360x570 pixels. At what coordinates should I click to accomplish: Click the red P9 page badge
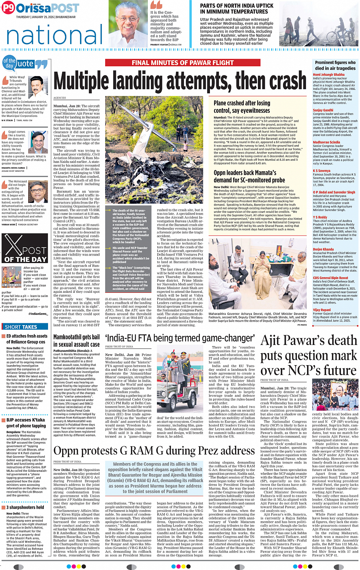click(8, 8)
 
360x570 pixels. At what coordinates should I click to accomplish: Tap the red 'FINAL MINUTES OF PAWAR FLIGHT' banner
click(182, 63)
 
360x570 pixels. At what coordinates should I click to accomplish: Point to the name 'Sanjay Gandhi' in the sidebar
click(323, 110)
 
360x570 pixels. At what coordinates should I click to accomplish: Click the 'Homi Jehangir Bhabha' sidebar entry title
click(329, 75)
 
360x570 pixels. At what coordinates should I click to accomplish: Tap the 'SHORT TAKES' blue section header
click(21, 327)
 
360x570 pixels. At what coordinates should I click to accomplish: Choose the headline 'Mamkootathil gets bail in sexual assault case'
click(77, 341)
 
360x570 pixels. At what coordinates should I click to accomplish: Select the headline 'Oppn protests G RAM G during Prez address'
click(154, 451)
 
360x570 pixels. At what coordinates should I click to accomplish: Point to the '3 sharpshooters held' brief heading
click(25, 507)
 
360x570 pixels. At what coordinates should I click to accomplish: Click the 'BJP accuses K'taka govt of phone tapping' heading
click(26, 423)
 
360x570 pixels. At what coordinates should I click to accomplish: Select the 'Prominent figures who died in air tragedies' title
click(335, 65)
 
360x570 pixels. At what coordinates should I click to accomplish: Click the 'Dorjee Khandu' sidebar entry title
click(323, 249)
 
